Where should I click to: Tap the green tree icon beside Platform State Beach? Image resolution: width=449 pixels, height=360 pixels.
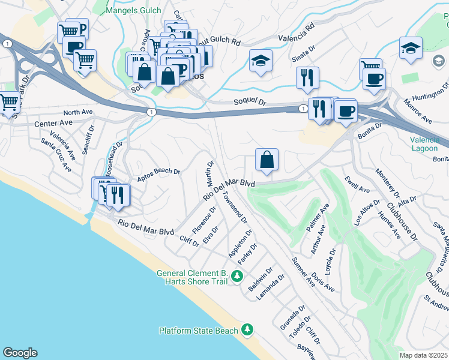pos(247,330)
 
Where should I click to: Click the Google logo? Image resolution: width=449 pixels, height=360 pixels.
pos(20,353)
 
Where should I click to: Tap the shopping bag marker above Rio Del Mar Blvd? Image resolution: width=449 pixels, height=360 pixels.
pos(267,160)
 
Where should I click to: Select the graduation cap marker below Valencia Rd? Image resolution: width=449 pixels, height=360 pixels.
pos(261,61)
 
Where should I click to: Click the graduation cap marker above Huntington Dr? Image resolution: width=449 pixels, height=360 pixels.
pos(411,49)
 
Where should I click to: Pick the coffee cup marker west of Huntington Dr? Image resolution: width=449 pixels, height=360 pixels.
pos(374,79)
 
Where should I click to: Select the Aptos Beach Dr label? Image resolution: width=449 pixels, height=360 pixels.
pos(159,172)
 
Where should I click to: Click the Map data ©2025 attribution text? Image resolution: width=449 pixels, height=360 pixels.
pos(424,355)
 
